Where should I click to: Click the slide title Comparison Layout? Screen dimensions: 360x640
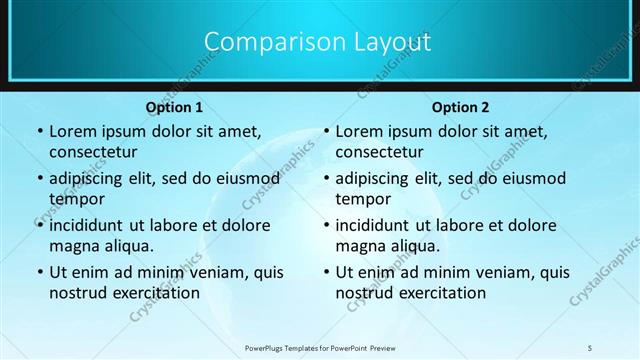pyautogui.click(x=317, y=42)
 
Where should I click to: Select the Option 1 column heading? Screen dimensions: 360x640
pyautogui.click(x=174, y=107)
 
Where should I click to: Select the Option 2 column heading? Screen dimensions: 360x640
pyautogui.click(x=460, y=107)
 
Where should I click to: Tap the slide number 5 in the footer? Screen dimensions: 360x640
pyautogui.click(x=591, y=347)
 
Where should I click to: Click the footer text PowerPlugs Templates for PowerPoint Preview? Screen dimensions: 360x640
pyautogui.click(x=320, y=348)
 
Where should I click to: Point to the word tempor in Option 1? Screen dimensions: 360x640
pyautogui.click(x=75, y=199)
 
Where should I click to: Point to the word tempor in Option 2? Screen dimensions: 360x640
pyautogui.click(x=362, y=199)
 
